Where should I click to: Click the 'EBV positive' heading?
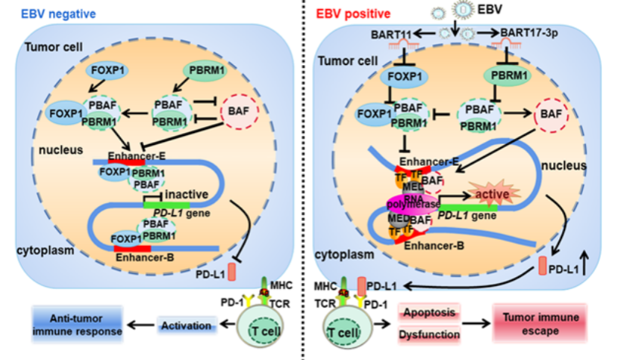pos(353,13)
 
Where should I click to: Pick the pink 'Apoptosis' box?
pos(429,311)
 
